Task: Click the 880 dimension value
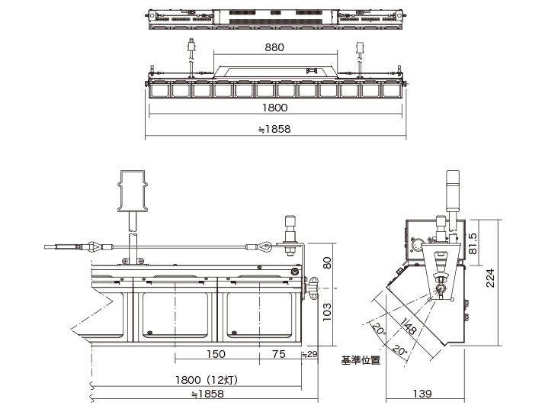coord(274,47)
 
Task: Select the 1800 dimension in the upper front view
coord(274,108)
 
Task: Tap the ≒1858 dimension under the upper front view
coord(274,129)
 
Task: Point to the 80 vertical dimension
coord(327,262)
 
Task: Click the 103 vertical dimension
coord(327,312)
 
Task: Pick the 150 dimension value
coord(216,354)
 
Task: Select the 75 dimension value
coord(279,354)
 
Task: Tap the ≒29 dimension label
coord(309,354)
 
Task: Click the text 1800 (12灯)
coord(207,380)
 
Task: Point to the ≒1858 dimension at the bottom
coord(207,394)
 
